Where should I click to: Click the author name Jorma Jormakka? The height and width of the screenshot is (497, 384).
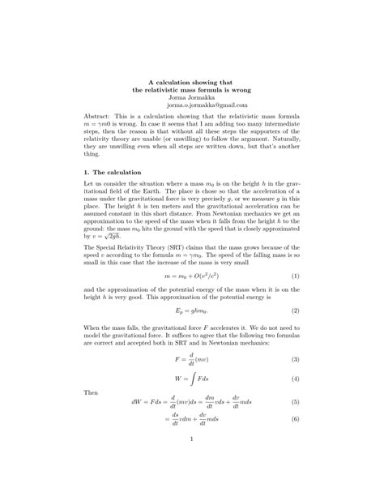pos(192,96)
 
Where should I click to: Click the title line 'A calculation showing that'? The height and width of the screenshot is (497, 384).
pos(192,80)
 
